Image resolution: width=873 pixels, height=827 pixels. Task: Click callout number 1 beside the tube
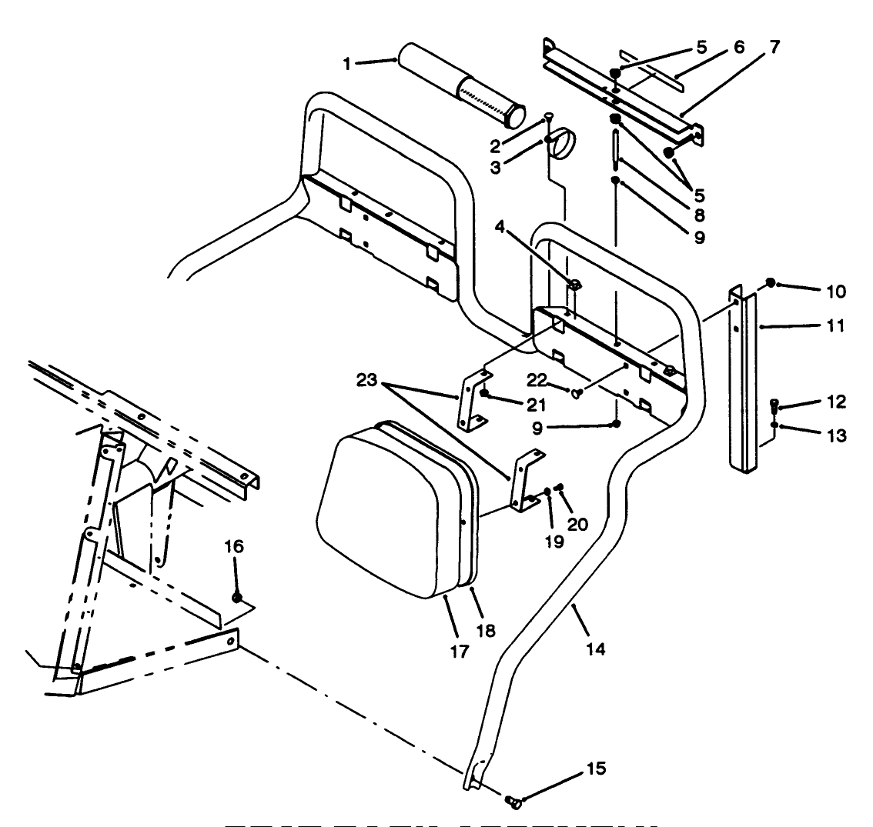(x=347, y=64)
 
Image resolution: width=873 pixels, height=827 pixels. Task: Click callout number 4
(x=500, y=228)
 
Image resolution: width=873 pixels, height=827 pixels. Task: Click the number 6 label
(x=738, y=48)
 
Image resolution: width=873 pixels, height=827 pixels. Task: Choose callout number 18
(x=485, y=630)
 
